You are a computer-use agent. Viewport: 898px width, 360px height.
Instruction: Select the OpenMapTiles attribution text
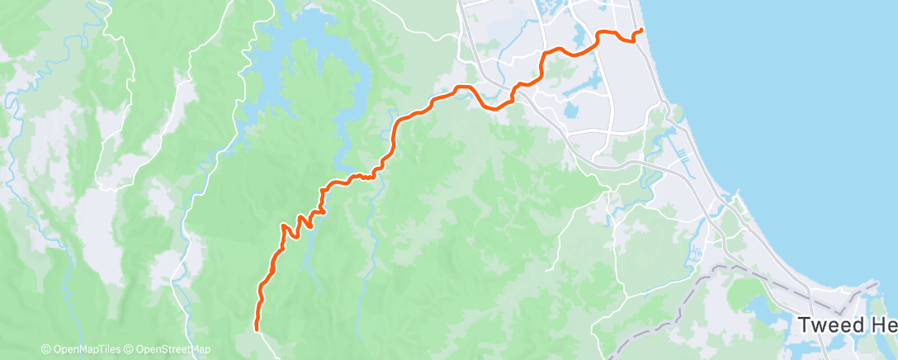pyautogui.click(x=83, y=349)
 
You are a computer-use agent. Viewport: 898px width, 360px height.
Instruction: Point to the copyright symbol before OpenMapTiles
pyautogui.click(x=45, y=349)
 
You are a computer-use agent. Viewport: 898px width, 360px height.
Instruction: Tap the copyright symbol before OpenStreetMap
pyautogui.click(x=130, y=349)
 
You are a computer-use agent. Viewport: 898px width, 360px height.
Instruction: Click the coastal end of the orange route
pyautogui.click(x=641, y=31)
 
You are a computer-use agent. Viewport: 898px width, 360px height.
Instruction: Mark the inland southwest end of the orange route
pyautogui.click(x=257, y=329)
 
